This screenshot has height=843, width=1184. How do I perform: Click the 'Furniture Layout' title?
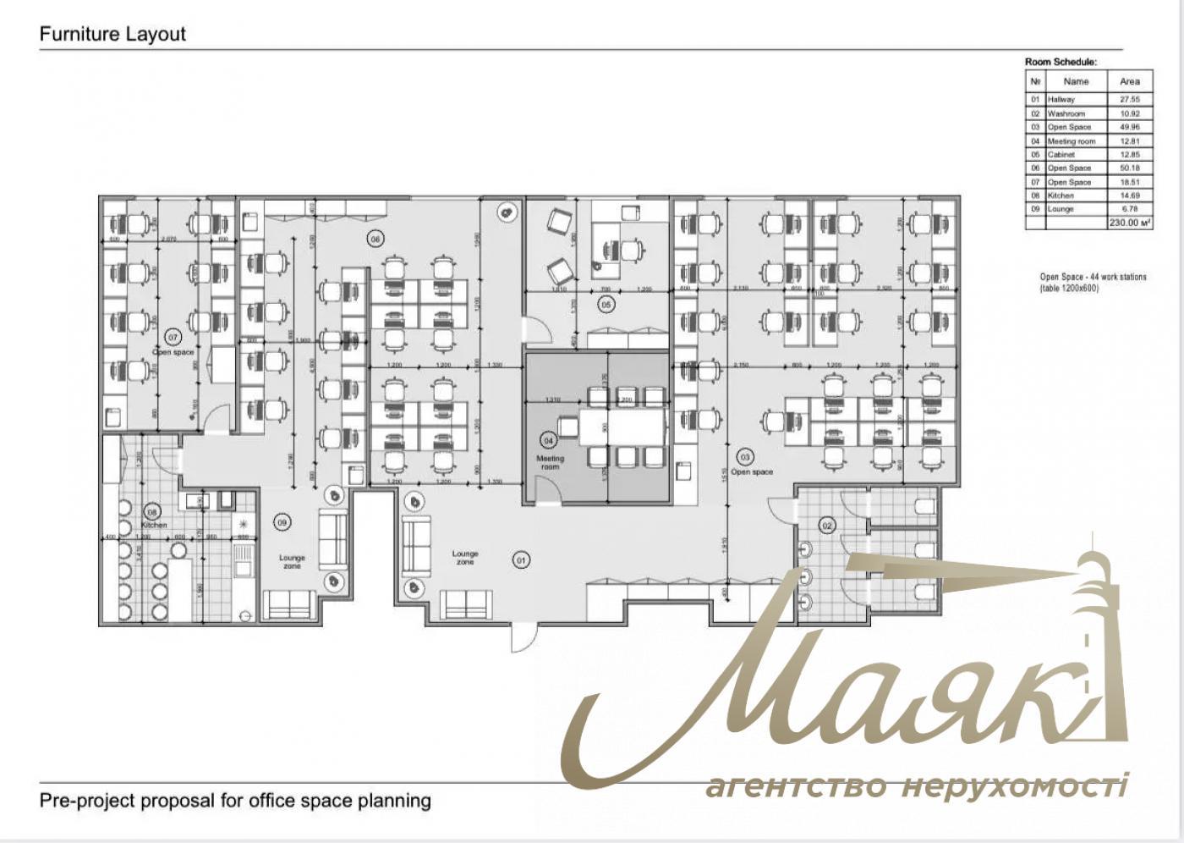click(112, 35)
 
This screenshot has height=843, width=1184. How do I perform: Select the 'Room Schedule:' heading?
click(1061, 62)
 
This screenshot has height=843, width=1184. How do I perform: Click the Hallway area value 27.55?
click(1129, 100)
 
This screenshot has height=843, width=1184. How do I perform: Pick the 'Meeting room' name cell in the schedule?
click(1071, 141)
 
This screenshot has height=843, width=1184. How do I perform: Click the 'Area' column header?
click(1129, 81)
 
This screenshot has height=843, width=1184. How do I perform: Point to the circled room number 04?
click(548, 440)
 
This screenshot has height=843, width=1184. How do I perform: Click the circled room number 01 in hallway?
click(522, 559)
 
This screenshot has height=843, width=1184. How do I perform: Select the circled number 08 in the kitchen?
click(153, 511)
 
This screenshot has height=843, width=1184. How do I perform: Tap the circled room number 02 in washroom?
click(827, 526)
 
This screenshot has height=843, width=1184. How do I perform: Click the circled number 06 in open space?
click(375, 240)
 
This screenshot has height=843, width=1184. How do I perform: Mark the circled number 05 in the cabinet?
click(606, 303)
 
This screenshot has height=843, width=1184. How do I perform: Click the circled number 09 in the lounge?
click(282, 522)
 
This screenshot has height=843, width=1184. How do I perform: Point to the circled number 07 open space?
click(173, 337)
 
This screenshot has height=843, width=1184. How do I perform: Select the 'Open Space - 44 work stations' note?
click(1093, 283)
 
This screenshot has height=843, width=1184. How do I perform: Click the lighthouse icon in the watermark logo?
click(1095, 626)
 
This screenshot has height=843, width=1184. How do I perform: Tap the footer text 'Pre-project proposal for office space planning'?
click(235, 800)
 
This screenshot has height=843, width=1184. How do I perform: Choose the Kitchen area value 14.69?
click(1129, 196)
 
